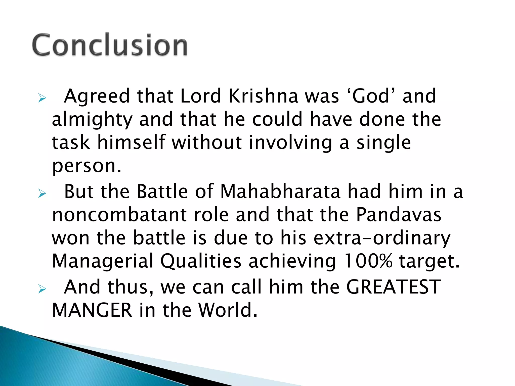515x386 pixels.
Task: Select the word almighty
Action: coord(92,120)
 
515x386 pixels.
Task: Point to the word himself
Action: coord(131,142)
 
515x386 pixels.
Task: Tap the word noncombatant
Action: coord(119,215)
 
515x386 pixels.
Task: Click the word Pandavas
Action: coord(399,215)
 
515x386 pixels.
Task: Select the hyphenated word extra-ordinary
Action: coord(382,238)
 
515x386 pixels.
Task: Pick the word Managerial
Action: coord(103,261)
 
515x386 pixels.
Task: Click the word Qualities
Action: coord(201,261)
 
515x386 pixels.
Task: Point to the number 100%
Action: coord(368,261)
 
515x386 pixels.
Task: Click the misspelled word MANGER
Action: coord(92,310)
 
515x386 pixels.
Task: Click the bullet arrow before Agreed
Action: coord(42,98)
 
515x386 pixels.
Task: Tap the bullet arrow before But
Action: coord(42,194)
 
